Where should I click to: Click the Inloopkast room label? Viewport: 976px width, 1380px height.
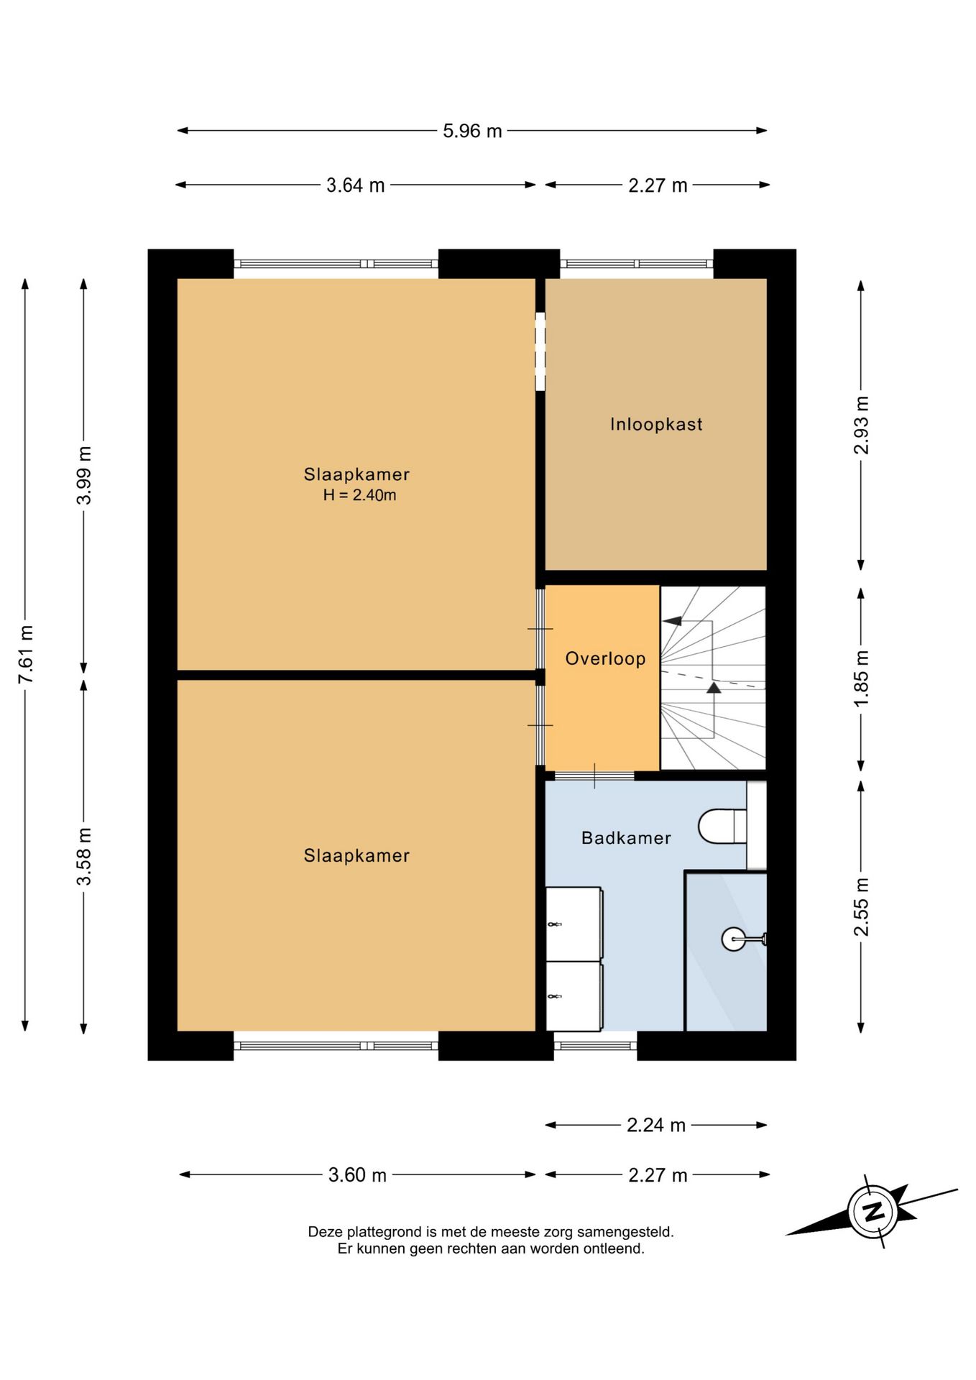point(656,424)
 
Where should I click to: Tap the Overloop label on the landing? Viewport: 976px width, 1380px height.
point(605,658)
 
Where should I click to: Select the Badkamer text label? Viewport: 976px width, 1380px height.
point(626,838)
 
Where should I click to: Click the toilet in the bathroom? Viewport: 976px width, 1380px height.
point(722,826)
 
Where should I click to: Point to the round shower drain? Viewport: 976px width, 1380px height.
point(733,939)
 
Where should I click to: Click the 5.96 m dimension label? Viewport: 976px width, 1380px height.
point(472,131)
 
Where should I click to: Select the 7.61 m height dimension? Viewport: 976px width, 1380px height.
point(26,654)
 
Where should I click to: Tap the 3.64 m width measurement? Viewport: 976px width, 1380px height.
point(356,185)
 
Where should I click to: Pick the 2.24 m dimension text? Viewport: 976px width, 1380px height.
point(656,1125)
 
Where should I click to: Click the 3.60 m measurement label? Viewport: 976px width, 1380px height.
point(357,1175)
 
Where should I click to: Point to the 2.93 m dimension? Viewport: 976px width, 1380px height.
point(861,425)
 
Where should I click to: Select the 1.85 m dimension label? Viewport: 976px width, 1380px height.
point(861,678)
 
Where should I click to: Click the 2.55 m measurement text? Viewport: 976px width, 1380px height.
point(861,907)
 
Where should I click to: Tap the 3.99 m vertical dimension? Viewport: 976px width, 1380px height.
point(84,475)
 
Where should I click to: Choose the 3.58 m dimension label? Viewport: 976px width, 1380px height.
point(84,857)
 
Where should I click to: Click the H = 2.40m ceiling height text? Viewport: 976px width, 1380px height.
point(359,495)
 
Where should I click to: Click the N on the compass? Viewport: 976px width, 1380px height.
point(873,1212)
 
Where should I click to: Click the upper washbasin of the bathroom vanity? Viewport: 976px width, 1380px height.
point(574,924)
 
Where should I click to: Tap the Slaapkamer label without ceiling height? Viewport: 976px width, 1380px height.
point(356,855)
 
